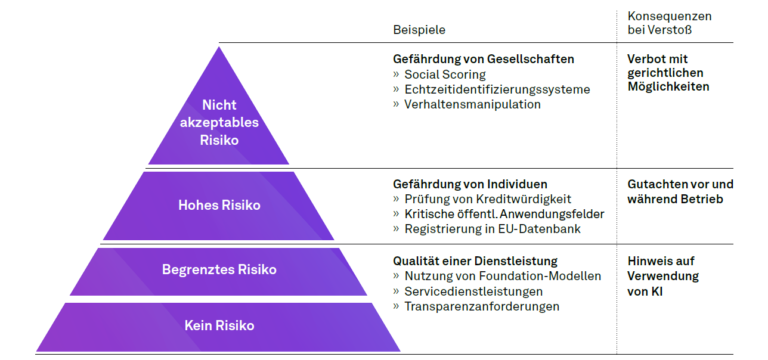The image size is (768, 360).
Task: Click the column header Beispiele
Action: click(x=419, y=30)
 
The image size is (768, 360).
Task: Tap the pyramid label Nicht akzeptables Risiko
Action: click(x=218, y=122)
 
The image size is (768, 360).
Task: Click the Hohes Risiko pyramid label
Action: click(x=219, y=205)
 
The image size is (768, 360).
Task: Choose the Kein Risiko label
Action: click(x=219, y=325)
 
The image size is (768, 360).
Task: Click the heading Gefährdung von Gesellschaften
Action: click(x=476, y=59)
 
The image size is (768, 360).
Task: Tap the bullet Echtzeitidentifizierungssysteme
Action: click(x=496, y=89)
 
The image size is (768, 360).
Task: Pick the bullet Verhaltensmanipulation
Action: click(x=474, y=104)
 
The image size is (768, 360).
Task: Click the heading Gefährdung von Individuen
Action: click(x=469, y=184)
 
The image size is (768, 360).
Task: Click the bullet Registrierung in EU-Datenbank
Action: click(x=486, y=229)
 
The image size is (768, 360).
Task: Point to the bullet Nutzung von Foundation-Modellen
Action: click(x=496, y=276)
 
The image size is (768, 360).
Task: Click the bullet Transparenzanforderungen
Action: click(x=482, y=306)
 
